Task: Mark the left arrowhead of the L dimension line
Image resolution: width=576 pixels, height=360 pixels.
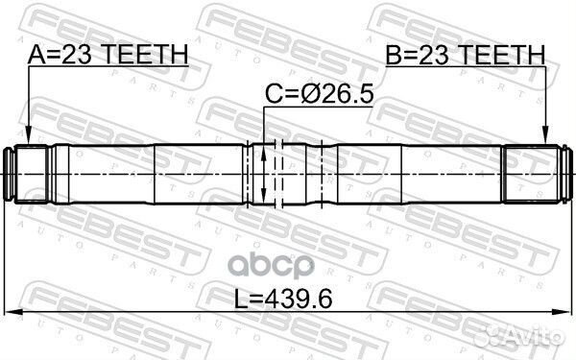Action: [x=12, y=312]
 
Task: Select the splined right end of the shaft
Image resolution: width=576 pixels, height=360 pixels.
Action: [x=533, y=174]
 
